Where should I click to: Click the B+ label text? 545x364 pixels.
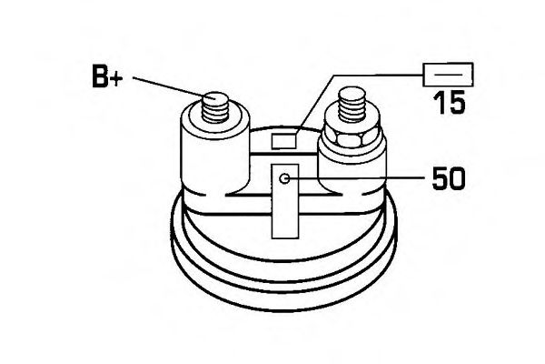107,76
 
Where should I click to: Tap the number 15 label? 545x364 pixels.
449,103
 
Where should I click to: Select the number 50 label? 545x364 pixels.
449,178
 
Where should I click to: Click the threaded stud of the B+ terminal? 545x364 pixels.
215,107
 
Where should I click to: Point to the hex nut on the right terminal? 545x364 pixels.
351,136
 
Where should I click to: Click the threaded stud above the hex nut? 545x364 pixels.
352,105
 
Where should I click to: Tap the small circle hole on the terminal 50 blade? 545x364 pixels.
285,179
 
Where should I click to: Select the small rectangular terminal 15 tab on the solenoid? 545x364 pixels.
284,141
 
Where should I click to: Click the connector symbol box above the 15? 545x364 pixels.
448,75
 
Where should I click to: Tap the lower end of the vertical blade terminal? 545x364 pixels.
285,238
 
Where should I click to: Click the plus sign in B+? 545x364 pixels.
115,79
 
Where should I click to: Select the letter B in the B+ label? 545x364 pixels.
100,76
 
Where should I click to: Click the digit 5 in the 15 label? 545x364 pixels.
456,103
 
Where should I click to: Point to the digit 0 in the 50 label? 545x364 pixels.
457,178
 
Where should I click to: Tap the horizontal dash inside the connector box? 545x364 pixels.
449,75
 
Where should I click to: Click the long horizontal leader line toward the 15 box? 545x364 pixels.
378,76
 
